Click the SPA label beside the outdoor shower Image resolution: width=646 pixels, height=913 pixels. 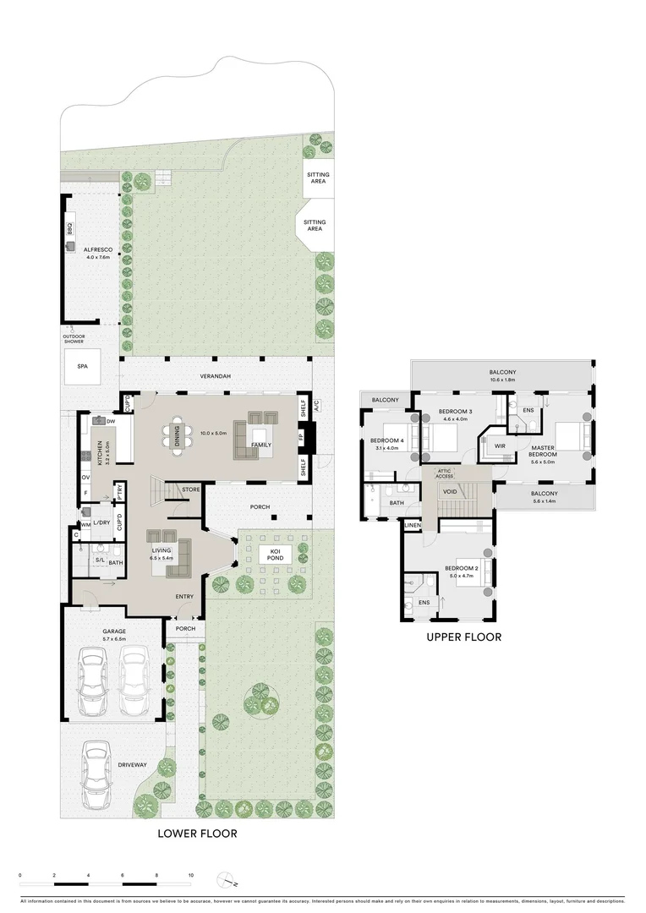coord(82,367)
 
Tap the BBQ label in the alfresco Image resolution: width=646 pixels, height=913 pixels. coord(70,229)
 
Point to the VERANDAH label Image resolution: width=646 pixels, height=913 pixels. coord(216,376)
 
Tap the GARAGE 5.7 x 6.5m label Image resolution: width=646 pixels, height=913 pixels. coord(113,635)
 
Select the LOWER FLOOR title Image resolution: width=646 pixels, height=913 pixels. coord(198,833)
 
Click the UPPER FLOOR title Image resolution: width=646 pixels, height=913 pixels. coord(464,637)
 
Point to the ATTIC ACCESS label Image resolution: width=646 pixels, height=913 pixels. coord(446,473)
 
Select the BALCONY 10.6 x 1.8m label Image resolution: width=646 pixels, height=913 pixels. coord(501,375)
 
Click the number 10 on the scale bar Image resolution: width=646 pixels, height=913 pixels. coord(191,876)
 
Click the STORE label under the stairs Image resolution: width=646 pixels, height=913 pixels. coord(190,489)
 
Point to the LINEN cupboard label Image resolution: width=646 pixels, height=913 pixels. coord(413,526)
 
